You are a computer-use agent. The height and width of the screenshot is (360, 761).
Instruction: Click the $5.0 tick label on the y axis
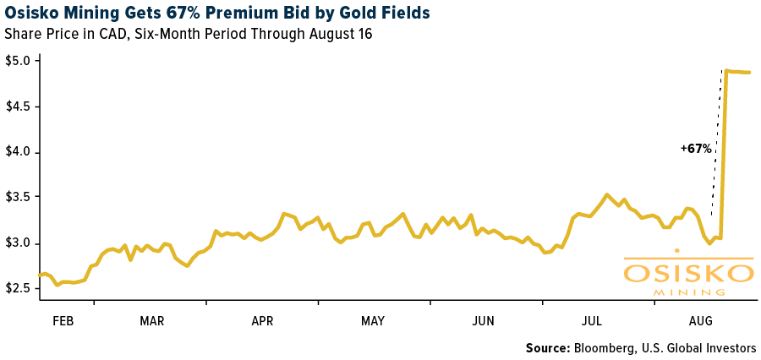click(x=19, y=61)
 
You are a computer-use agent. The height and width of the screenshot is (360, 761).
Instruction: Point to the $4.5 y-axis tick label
click(x=19, y=106)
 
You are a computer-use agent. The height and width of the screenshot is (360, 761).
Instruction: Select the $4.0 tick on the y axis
click(x=19, y=152)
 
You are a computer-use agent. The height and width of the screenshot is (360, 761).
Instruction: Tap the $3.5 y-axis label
click(x=19, y=197)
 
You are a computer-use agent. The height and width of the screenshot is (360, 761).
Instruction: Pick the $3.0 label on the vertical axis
click(x=19, y=243)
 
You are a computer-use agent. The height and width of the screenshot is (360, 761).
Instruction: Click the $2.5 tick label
click(x=19, y=288)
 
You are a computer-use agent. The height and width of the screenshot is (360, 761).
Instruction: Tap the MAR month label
click(x=152, y=321)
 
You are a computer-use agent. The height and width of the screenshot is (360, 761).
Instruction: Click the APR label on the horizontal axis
click(x=262, y=321)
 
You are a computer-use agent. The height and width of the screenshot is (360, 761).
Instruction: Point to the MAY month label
click(x=373, y=321)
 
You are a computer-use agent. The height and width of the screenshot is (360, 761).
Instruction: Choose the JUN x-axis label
click(x=483, y=321)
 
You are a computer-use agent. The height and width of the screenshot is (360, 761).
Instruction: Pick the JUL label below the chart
click(x=592, y=321)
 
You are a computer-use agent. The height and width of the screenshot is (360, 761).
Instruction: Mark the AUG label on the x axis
click(x=701, y=321)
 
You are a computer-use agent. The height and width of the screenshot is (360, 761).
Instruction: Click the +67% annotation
click(x=696, y=149)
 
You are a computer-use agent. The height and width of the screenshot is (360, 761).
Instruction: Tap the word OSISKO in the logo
click(x=688, y=273)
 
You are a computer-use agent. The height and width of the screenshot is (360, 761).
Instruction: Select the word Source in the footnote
click(x=547, y=348)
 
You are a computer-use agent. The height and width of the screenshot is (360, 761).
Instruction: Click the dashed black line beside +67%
click(x=716, y=144)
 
